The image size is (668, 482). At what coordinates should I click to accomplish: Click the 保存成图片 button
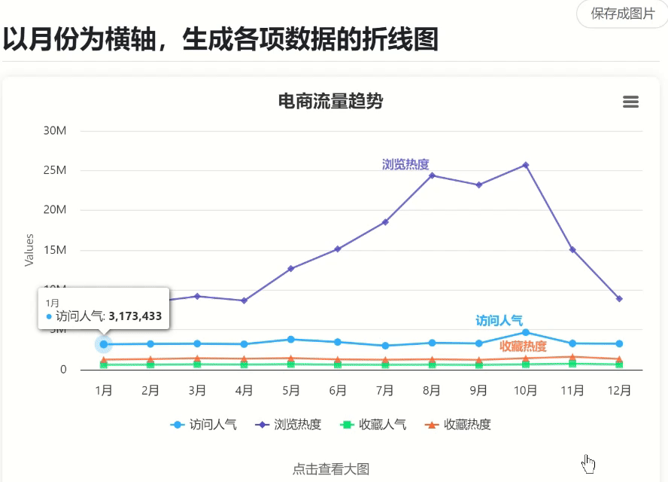[x=622, y=14]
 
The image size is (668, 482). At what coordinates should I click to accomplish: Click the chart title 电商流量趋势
[x=330, y=101]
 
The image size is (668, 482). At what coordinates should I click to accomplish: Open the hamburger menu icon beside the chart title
[x=630, y=102]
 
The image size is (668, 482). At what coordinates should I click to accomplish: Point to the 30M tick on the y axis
[x=55, y=131]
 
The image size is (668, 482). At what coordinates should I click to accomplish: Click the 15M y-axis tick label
[x=55, y=250]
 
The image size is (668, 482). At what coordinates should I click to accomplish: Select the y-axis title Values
[x=29, y=249]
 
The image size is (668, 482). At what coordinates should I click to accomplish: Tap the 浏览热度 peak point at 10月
[x=526, y=165]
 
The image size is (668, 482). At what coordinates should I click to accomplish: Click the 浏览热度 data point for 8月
[x=432, y=175]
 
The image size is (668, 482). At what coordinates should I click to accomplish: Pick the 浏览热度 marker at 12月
[x=619, y=299]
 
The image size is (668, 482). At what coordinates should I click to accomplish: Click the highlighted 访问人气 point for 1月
[x=104, y=344]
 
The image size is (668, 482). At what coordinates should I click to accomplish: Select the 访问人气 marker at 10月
[x=526, y=332]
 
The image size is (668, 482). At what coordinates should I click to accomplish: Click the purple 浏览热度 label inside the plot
[x=405, y=164]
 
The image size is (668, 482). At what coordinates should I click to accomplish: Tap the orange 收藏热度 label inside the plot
[x=523, y=346]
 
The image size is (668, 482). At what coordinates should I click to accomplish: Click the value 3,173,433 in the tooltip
[x=135, y=316]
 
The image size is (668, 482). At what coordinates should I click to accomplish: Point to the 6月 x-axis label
[x=338, y=390]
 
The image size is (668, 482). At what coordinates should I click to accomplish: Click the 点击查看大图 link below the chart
[x=330, y=468]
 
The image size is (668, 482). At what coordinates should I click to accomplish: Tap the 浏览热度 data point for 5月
[x=291, y=268]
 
